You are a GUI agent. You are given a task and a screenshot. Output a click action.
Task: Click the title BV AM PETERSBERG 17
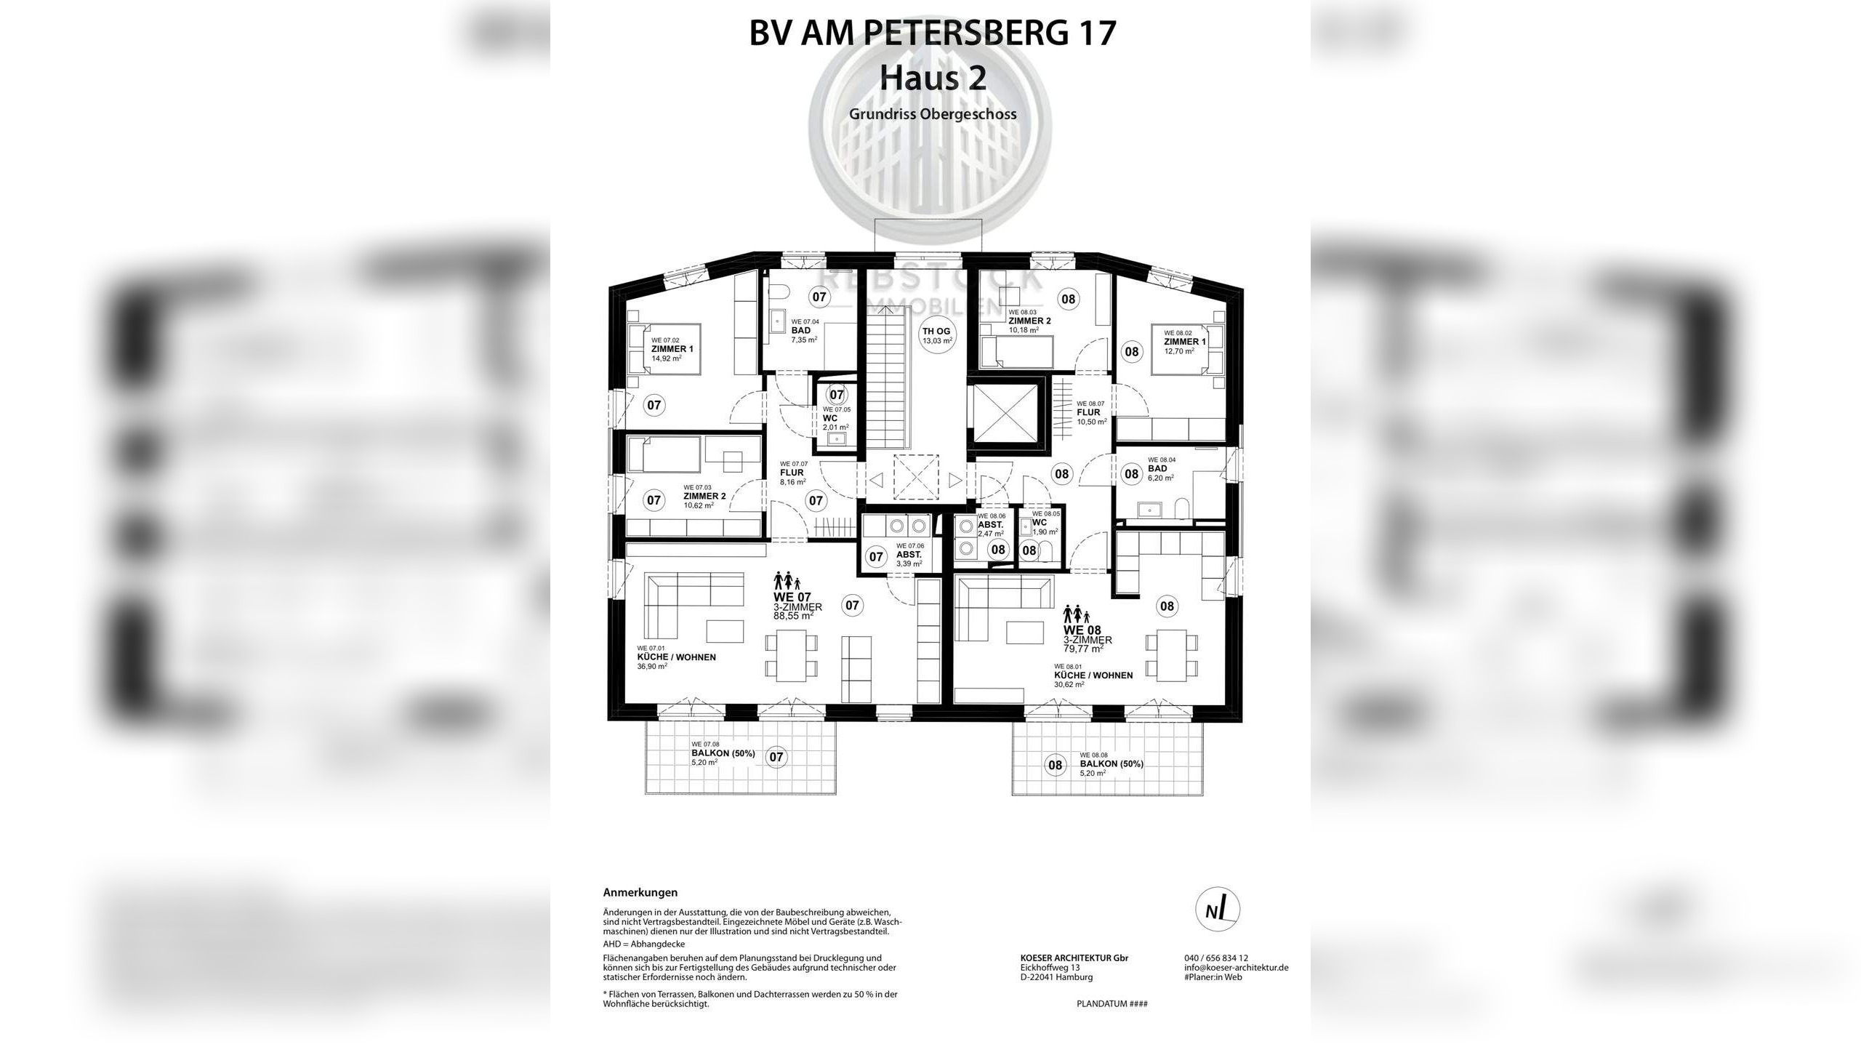(x=932, y=33)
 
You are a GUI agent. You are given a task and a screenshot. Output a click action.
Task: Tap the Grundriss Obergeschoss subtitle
(x=932, y=114)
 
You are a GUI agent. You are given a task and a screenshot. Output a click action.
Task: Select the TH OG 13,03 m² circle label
(x=936, y=335)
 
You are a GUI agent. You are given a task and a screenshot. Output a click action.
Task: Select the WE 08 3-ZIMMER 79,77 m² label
(x=1087, y=639)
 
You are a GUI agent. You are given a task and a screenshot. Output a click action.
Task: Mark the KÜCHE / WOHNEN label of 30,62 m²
(x=1093, y=675)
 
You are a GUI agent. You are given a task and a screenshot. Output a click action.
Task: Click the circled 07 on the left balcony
(x=776, y=757)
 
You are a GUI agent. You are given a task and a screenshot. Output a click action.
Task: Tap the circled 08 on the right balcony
(x=1054, y=764)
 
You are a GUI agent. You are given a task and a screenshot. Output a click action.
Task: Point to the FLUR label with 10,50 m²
(x=1088, y=412)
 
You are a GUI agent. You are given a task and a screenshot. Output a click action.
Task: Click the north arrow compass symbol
(x=1218, y=910)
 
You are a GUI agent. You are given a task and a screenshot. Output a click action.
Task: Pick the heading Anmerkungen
(x=640, y=892)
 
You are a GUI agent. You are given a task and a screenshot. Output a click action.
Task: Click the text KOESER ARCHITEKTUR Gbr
(x=1074, y=958)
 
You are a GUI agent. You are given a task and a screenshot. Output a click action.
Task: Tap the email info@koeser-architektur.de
(x=1236, y=968)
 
